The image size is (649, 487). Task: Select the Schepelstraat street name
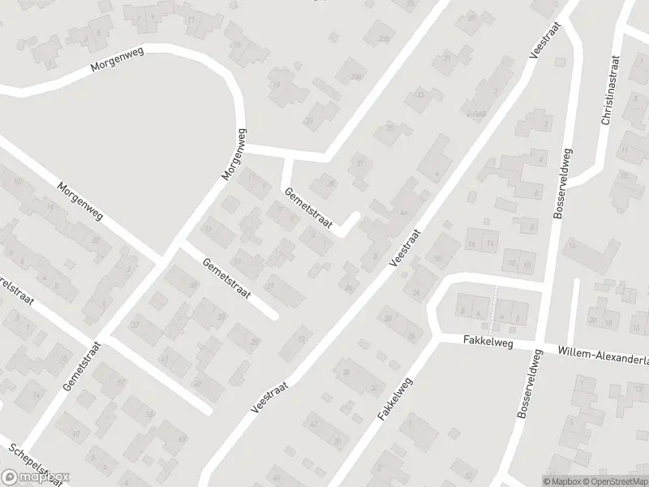[x=32, y=461]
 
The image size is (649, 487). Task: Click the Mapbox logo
[x=36, y=477]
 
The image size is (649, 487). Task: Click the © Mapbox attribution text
[x=561, y=481]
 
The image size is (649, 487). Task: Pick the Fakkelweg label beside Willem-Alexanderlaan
[x=490, y=343]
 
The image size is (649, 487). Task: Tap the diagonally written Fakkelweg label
[x=395, y=400]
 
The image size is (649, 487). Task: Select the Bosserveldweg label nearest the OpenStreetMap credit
[x=527, y=385]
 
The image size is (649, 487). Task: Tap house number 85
[x=349, y=288]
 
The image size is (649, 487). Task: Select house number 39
[x=330, y=184]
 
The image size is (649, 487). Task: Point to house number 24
[x=417, y=292]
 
